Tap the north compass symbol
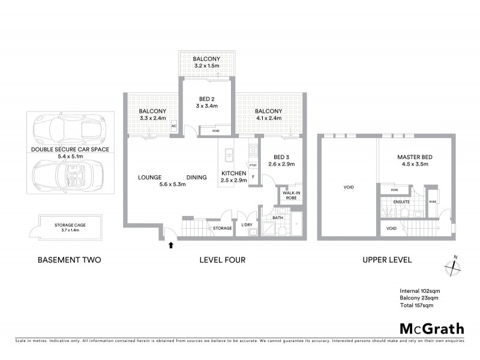pyautogui.click(x=454, y=267)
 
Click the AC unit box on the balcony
pyautogui.click(x=174, y=126)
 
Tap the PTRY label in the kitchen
pyautogui.click(x=253, y=166)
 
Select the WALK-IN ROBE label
pyautogui.click(x=286, y=194)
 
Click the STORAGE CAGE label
pyautogui.click(x=70, y=224)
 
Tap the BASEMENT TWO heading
pyautogui.click(x=69, y=260)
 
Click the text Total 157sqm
pyautogui.click(x=416, y=305)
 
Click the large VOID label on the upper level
pyautogui.click(x=348, y=187)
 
